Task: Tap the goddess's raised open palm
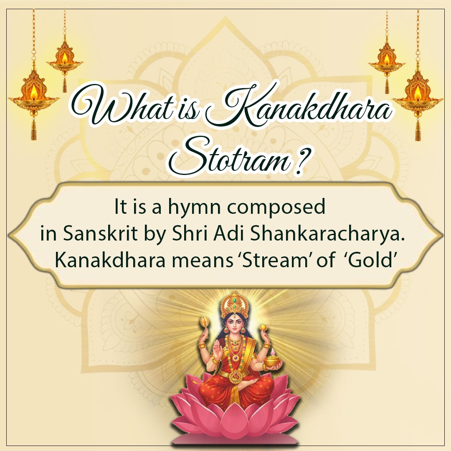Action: (x=217, y=350)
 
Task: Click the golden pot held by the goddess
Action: (x=271, y=360)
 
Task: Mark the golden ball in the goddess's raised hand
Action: (x=263, y=327)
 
